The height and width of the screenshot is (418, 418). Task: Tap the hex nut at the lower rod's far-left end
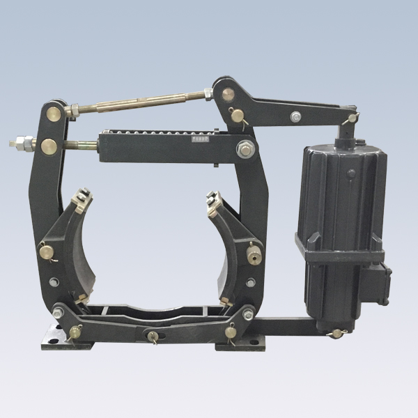tap(15, 146)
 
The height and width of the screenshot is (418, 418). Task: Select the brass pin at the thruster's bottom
tap(338, 332)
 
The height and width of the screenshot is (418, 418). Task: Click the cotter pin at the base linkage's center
tap(149, 336)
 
